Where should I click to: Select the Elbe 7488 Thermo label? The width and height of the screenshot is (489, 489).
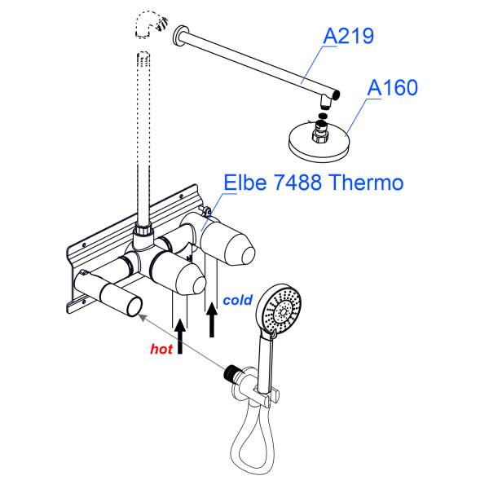pyautogui.click(x=314, y=182)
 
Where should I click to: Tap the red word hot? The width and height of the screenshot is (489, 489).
pyautogui.click(x=161, y=349)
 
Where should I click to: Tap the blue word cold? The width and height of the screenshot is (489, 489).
pyautogui.click(x=237, y=300)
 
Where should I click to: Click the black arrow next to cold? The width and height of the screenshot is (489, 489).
pyautogui.click(x=212, y=318)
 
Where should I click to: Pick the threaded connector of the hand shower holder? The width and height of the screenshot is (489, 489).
pyautogui.click(x=232, y=376)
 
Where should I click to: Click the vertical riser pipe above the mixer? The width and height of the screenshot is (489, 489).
pyautogui.click(x=145, y=139)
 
